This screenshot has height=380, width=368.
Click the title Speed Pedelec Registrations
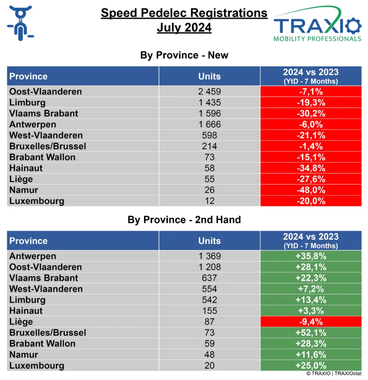[184, 13]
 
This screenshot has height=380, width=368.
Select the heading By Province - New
[184, 55]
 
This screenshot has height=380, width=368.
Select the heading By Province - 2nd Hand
[184, 220]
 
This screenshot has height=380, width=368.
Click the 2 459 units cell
[209, 91]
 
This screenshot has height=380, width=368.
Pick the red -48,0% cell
[312, 190]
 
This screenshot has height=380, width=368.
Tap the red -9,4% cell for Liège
[312, 322]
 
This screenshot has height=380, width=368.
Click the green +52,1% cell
[312, 333]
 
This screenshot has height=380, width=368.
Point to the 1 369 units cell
[209, 256]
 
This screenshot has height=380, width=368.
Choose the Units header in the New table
[209, 77]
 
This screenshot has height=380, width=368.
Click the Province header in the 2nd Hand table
[28, 241]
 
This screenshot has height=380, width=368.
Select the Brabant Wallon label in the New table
[42, 157]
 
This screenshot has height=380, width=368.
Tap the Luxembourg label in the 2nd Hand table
[37, 366]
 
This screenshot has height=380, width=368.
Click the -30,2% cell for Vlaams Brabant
[312, 113]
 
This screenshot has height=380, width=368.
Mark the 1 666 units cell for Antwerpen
[209, 124]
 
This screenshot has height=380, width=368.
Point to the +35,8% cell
[312, 256]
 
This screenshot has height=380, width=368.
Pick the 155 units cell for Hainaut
[209, 311]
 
